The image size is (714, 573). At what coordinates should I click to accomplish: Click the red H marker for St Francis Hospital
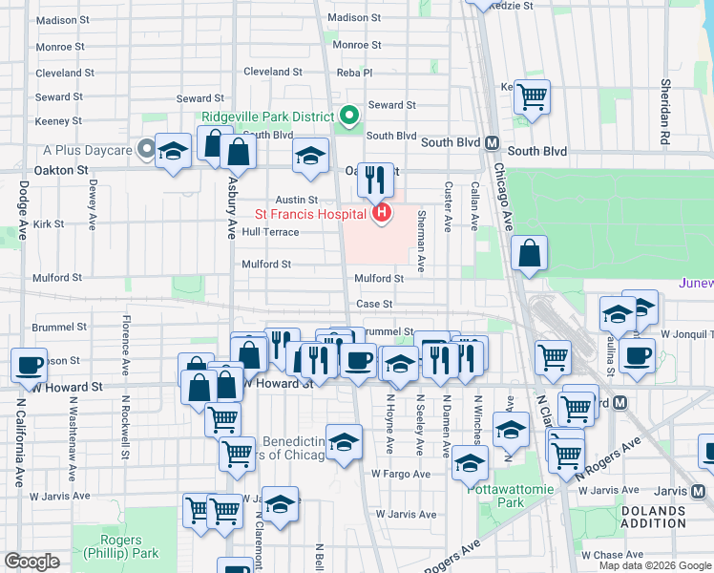(x=382, y=212)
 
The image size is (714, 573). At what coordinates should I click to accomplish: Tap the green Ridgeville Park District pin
(x=348, y=117)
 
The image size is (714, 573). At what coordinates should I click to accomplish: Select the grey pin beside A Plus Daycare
(x=145, y=149)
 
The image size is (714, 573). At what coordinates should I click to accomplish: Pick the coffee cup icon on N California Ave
(x=30, y=364)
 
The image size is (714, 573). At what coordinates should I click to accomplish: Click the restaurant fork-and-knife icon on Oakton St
(x=376, y=178)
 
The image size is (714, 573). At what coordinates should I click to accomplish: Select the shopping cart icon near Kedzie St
(x=533, y=95)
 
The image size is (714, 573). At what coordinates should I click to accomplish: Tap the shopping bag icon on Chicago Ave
(x=529, y=254)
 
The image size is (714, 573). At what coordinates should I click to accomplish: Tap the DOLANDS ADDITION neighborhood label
(x=653, y=517)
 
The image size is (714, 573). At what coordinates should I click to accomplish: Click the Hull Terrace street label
(x=270, y=232)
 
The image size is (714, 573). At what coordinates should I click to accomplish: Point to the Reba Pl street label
(x=354, y=72)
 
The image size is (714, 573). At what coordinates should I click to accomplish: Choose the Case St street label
(x=374, y=304)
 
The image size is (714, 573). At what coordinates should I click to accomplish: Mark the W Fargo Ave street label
(x=402, y=474)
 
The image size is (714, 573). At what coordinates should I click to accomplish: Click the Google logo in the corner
(x=31, y=562)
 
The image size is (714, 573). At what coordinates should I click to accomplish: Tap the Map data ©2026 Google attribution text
(x=654, y=565)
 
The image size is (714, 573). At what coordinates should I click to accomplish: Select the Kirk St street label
(x=48, y=224)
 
